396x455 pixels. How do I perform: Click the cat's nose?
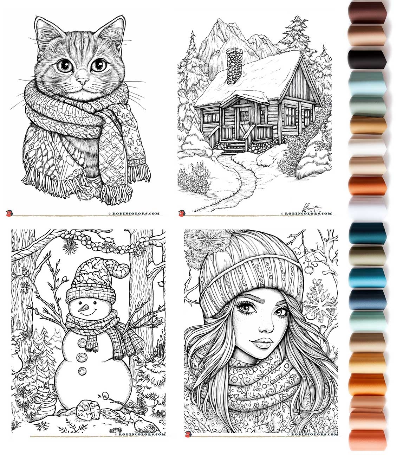coord(83,81)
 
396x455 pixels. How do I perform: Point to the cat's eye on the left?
coord(64,65)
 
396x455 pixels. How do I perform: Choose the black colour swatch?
coord(367,59)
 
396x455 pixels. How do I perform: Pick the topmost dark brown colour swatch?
coord(367,12)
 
